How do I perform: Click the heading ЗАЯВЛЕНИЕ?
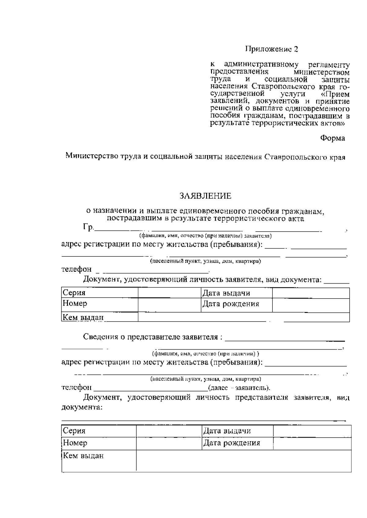click(205, 196)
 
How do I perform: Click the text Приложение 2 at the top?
click(271, 49)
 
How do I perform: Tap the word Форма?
click(332, 138)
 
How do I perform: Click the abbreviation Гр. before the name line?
click(88, 227)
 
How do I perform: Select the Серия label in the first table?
click(74, 293)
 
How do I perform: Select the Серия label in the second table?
click(74, 431)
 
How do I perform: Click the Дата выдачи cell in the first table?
click(226, 293)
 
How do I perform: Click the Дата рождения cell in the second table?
click(232, 443)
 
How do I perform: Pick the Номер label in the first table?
click(75, 303)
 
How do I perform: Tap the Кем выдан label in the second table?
click(83, 456)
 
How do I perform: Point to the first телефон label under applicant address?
click(76, 269)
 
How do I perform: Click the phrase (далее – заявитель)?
click(239, 388)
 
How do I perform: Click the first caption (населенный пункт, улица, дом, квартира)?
click(205, 261)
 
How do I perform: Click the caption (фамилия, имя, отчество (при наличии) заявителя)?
click(205, 236)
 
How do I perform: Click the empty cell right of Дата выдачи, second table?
click(312, 431)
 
